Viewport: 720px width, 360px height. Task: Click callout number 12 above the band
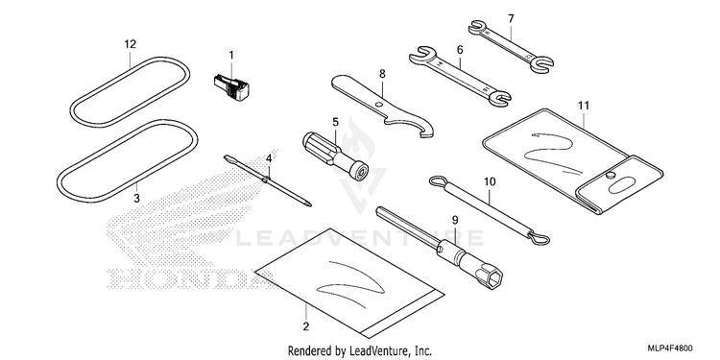(131, 44)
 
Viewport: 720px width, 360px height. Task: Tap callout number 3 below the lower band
(136, 199)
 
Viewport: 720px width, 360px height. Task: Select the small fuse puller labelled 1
(231, 87)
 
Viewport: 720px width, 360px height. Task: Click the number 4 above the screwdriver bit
(269, 158)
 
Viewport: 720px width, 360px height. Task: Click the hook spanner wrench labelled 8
(383, 106)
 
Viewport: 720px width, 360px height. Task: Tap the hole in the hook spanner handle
(378, 105)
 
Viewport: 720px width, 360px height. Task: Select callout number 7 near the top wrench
(511, 19)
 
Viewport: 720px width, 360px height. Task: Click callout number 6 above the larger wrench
(460, 50)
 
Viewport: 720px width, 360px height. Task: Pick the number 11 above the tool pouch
(583, 106)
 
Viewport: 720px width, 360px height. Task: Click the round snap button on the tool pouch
(610, 176)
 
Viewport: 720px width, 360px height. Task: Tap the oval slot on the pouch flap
(622, 186)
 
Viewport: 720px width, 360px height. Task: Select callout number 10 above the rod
(490, 182)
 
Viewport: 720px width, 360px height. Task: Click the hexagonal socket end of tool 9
(488, 276)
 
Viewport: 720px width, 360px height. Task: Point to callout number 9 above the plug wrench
(454, 220)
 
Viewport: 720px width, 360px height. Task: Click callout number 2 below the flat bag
(306, 327)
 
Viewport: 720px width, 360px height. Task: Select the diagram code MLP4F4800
(670, 348)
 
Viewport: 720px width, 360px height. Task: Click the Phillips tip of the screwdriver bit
(309, 204)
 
